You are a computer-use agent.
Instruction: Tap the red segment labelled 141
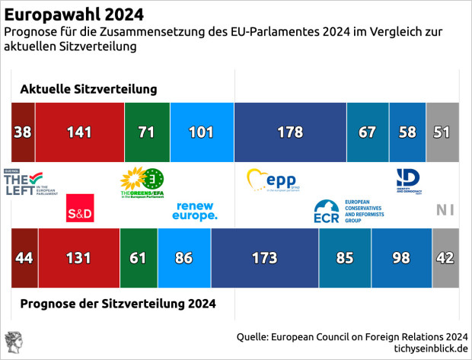click(79, 131)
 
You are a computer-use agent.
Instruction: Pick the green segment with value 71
click(147, 131)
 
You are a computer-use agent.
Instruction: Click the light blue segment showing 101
click(201, 131)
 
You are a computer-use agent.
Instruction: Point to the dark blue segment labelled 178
click(290, 131)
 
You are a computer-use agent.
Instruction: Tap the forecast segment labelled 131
click(78, 258)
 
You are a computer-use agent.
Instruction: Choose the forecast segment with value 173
click(264, 258)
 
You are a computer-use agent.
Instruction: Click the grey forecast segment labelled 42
click(445, 258)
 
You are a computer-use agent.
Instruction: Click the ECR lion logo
click(327, 211)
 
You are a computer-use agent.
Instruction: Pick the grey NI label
click(445, 211)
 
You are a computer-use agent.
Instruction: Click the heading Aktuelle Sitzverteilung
click(88, 90)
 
